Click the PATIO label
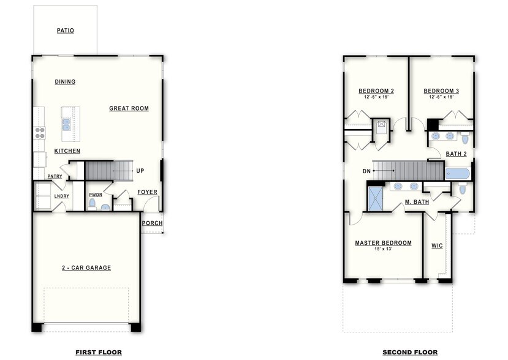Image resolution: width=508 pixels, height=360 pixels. (65, 30)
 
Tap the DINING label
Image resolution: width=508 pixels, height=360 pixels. (65, 81)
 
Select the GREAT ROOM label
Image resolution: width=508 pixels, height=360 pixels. (129, 108)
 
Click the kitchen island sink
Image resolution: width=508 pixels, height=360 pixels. (66, 125)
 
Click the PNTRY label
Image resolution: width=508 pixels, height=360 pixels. (55, 177)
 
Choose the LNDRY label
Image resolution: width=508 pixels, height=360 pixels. (61, 196)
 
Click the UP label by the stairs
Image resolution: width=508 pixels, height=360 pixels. (140, 171)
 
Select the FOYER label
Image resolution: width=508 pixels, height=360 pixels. (147, 192)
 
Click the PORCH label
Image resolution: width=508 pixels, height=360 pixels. (152, 223)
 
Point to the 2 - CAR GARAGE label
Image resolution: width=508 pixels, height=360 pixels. (86, 268)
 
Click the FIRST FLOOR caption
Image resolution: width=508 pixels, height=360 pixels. (98, 352)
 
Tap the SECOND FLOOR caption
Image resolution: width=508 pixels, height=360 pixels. (410, 352)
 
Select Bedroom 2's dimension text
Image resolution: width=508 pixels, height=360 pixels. (376, 97)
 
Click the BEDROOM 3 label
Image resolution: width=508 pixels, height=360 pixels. (441, 91)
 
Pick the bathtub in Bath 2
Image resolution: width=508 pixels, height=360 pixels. (457, 174)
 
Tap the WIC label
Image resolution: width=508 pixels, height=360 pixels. (437, 246)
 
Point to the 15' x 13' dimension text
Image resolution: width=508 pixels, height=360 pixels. (383, 249)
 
